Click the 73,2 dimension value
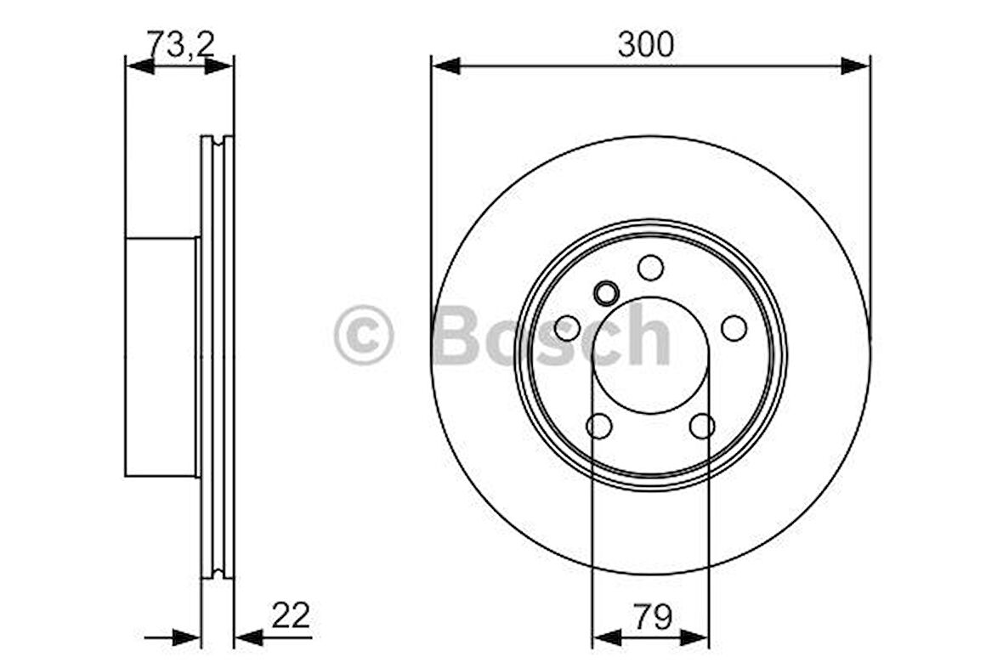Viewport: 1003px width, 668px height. tap(179, 42)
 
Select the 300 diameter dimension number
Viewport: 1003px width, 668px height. tap(645, 43)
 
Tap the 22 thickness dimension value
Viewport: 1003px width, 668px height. tap(290, 614)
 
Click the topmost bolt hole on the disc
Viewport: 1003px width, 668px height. tap(650, 268)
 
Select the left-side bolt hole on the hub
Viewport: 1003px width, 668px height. tap(567, 328)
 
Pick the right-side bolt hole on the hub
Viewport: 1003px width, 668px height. tap(734, 328)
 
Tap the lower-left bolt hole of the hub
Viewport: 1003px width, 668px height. tap(599, 426)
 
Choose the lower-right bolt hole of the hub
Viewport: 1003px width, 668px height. tap(702, 426)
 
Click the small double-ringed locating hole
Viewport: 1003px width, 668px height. tap(606, 294)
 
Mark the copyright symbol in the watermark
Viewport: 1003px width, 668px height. tap(364, 335)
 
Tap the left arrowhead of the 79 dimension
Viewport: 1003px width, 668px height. tap(606, 637)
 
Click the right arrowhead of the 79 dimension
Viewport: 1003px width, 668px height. tap(694, 637)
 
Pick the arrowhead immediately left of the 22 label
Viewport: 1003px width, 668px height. tap(248, 637)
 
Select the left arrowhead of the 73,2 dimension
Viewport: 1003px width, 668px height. tap(139, 66)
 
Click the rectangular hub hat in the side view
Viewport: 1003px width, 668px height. tap(161, 357)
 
